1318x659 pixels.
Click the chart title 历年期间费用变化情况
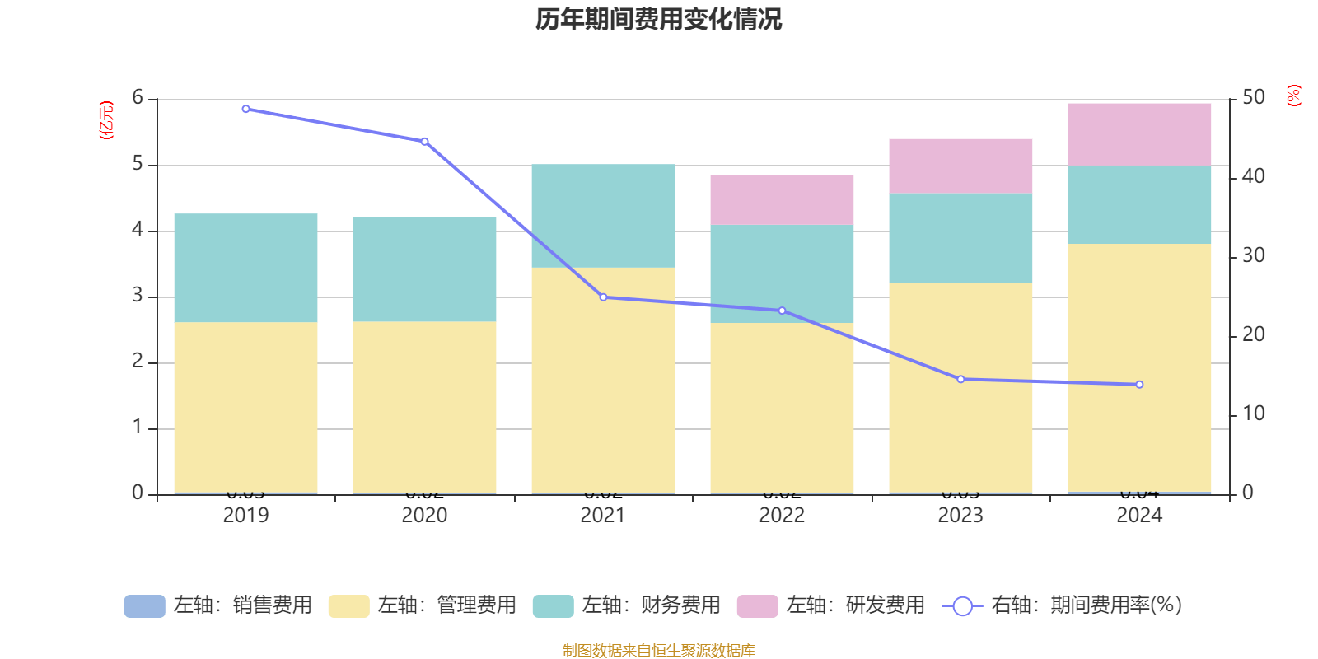click(x=658, y=19)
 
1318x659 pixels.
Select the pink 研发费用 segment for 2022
click(x=782, y=199)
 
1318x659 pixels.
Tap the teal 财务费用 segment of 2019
click(x=245, y=268)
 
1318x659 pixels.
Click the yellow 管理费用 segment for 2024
click(x=1139, y=367)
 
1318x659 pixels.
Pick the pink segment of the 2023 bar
click(x=960, y=166)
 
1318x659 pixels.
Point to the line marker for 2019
click(x=245, y=109)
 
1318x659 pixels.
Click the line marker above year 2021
click(x=603, y=297)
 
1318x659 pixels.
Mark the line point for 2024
click(x=1139, y=385)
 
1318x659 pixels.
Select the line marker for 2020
click(x=424, y=142)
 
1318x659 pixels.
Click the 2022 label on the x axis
click(x=782, y=516)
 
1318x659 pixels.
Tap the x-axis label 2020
click(x=424, y=516)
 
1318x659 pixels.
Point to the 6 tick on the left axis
click(x=138, y=98)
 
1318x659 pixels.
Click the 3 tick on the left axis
click(x=138, y=296)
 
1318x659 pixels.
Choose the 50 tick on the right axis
click(x=1253, y=97)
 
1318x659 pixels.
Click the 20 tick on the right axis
click(x=1253, y=334)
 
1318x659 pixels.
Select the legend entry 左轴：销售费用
click(x=218, y=605)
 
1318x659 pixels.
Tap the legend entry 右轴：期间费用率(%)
click(x=1063, y=605)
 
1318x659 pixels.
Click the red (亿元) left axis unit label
click(x=106, y=120)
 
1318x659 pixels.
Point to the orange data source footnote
click(x=658, y=651)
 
